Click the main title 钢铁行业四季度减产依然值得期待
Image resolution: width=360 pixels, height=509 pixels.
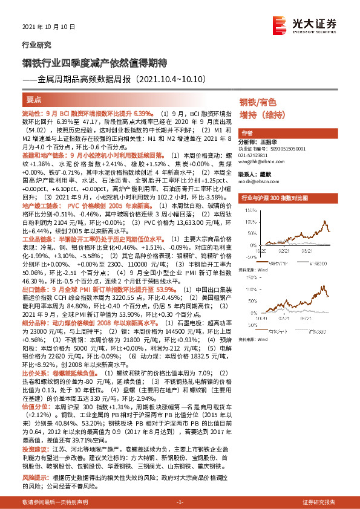coord(90,63)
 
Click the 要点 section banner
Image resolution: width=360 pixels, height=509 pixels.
coord(33,100)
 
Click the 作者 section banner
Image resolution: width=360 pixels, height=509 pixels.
coord(247,133)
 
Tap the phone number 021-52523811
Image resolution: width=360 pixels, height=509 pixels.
coord(257,155)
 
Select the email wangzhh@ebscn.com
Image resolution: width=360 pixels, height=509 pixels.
coord(264,161)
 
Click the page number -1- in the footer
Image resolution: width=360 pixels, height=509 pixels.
coord(180,502)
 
